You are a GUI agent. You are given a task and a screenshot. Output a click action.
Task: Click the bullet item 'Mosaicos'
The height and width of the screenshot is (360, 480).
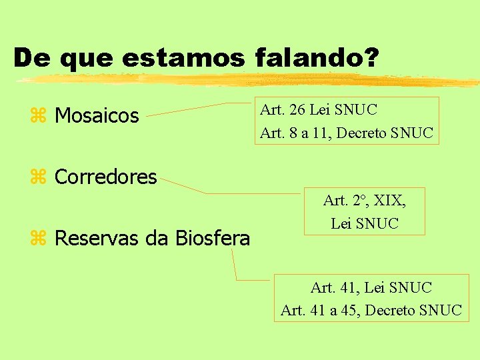click(97, 116)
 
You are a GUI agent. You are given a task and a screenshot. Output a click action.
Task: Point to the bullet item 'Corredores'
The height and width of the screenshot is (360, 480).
click(105, 177)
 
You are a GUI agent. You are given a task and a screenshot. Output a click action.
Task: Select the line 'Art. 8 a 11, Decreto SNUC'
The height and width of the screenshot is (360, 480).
click(347, 133)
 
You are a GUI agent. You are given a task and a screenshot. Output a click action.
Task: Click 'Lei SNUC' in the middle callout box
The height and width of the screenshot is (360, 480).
click(365, 223)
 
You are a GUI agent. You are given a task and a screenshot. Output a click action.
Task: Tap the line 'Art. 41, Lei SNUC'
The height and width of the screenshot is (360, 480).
click(371, 288)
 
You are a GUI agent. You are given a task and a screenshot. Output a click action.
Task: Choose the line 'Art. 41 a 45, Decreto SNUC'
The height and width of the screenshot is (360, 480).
click(371, 310)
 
